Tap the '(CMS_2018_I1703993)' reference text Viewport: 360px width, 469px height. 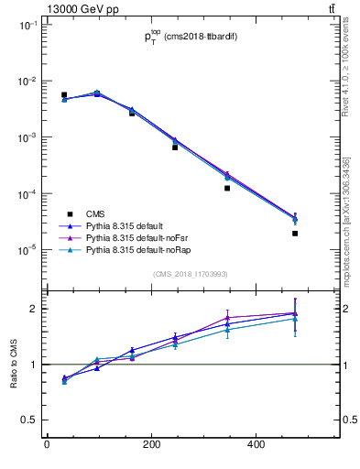[191, 274]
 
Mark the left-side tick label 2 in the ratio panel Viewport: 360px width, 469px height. [33, 309]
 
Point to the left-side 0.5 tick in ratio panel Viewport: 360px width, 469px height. [29, 420]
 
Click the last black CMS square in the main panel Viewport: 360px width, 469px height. [295, 234]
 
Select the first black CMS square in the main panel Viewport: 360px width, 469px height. [64, 95]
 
